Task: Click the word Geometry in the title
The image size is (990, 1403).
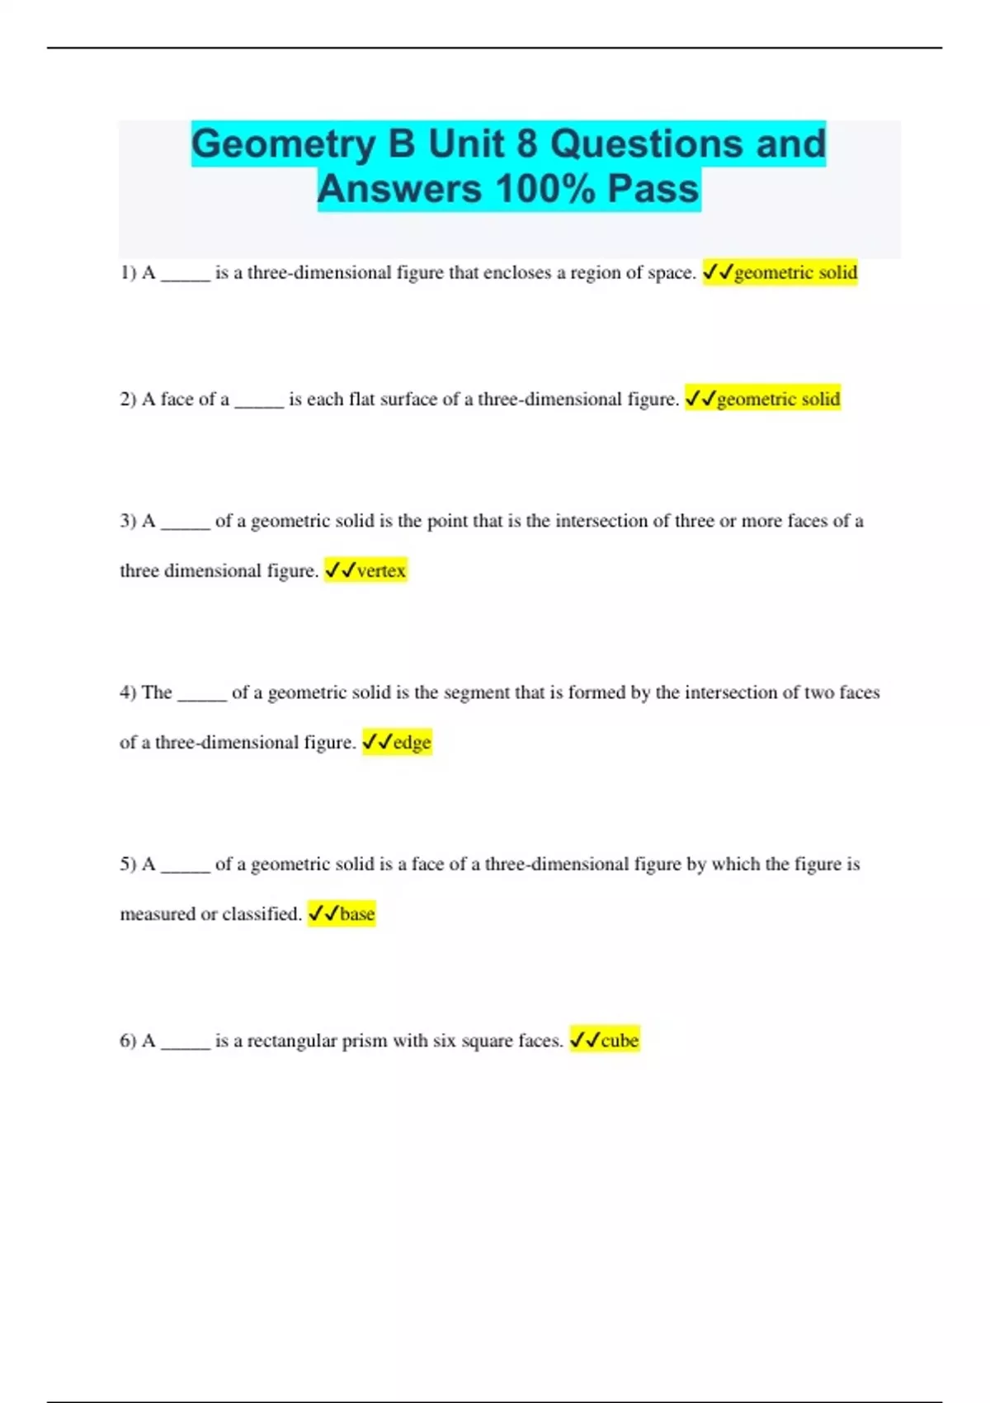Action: click(284, 145)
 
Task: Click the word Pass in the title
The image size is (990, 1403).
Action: click(653, 189)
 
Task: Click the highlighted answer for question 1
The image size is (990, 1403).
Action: click(780, 272)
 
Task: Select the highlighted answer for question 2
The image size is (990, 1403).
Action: click(763, 399)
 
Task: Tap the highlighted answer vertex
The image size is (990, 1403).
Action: click(365, 570)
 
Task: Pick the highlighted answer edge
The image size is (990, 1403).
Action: click(397, 742)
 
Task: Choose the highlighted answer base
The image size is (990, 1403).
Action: click(342, 914)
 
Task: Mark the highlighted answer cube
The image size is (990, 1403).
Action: click(605, 1041)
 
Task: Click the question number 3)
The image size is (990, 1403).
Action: click(128, 521)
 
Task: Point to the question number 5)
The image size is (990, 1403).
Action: click(128, 864)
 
